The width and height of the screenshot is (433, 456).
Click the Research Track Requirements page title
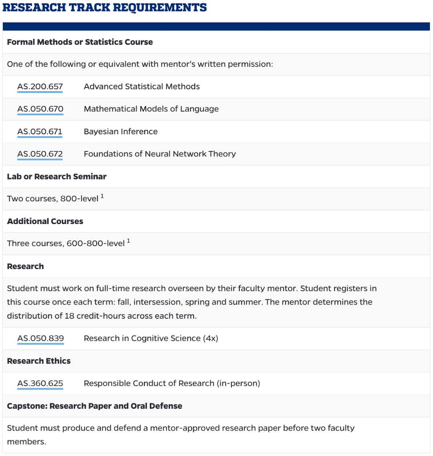pyautogui.click(x=105, y=7)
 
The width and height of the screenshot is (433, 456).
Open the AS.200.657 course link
pyautogui.click(x=40, y=87)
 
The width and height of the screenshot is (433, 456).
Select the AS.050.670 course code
pyautogui.click(x=40, y=109)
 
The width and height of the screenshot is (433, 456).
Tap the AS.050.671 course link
pyautogui.click(x=40, y=131)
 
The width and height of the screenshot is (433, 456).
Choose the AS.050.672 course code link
pyautogui.click(x=40, y=154)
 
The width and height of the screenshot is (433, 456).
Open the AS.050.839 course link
pyautogui.click(x=40, y=338)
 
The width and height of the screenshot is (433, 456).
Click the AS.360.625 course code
pyautogui.click(x=40, y=383)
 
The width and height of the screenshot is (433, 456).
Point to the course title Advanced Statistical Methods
pyautogui.click(x=142, y=87)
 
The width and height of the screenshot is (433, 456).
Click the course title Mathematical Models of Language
pyautogui.click(x=151, y=109)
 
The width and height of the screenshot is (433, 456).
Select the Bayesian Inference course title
pyautogui.click(x=121, y=131)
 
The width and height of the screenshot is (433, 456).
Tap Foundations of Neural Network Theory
pyautogui.click(x=160, y=154)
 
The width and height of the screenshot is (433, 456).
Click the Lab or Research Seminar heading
pyautogui.click(x=57, y=176)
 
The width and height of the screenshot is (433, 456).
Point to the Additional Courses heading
pyautogui.click(x=45, y=221)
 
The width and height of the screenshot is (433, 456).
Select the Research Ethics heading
pyautogui.click(x=38, y=361)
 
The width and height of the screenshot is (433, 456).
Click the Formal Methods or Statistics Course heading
pyautogui.click(x=80, y=42)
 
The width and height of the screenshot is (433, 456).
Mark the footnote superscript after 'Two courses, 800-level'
pyautogui.click(x=102, y=196)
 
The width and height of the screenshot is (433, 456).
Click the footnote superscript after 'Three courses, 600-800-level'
pyautogui.click(x=128, y=241)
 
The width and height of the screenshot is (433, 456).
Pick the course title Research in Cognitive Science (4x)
pyautogui.click(x=151, y=338)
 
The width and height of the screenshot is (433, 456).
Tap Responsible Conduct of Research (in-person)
pyautogui.click(x=172, y=383)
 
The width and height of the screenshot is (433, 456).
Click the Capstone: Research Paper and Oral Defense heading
pyautogui.click(x=94, y=406)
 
